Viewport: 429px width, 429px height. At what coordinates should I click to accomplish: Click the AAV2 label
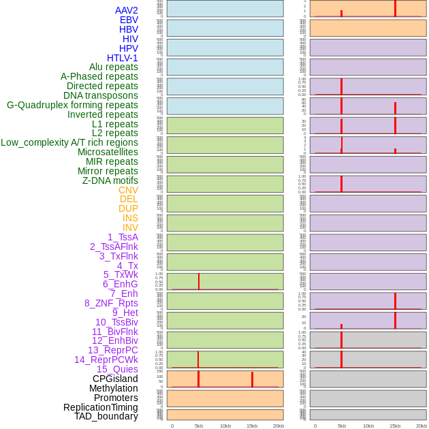point(127,10)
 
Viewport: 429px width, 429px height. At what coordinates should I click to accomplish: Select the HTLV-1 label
point(123,58)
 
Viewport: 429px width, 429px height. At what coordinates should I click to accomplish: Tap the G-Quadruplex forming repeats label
point(72,105)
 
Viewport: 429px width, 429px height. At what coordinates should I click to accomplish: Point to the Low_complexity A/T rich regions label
point(69,142)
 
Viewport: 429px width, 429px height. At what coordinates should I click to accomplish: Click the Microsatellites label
point(108,152)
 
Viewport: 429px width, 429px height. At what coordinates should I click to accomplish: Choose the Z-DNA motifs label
point(110,180)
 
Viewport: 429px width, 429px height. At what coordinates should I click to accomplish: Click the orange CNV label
point(128,190)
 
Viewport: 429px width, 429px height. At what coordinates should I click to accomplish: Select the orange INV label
point(130,227)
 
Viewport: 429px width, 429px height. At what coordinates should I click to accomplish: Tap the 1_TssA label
point(123,237)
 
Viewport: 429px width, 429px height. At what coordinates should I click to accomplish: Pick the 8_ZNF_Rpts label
point(111,303)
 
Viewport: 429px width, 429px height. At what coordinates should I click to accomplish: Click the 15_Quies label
point(117,369)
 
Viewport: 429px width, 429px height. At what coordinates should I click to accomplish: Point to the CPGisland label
point(115,379)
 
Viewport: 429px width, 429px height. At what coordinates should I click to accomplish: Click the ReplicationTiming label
point(101,407)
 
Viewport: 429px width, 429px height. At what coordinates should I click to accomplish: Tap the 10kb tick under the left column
point(225,426)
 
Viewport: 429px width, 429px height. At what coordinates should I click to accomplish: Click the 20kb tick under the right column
point(422,426)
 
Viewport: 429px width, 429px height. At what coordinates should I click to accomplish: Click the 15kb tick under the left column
point(252,426)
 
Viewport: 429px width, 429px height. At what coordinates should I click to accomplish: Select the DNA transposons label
point(101,95)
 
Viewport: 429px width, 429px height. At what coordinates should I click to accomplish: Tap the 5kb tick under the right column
point(342,426)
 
